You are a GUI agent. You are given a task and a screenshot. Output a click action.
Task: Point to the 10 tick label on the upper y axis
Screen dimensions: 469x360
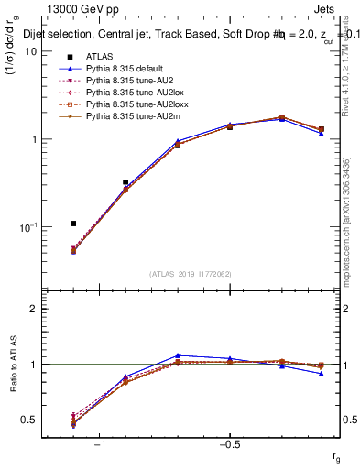(x=29, y=51)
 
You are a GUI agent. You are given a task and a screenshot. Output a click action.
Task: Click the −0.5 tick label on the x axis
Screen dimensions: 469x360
(x=229, y=443)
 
